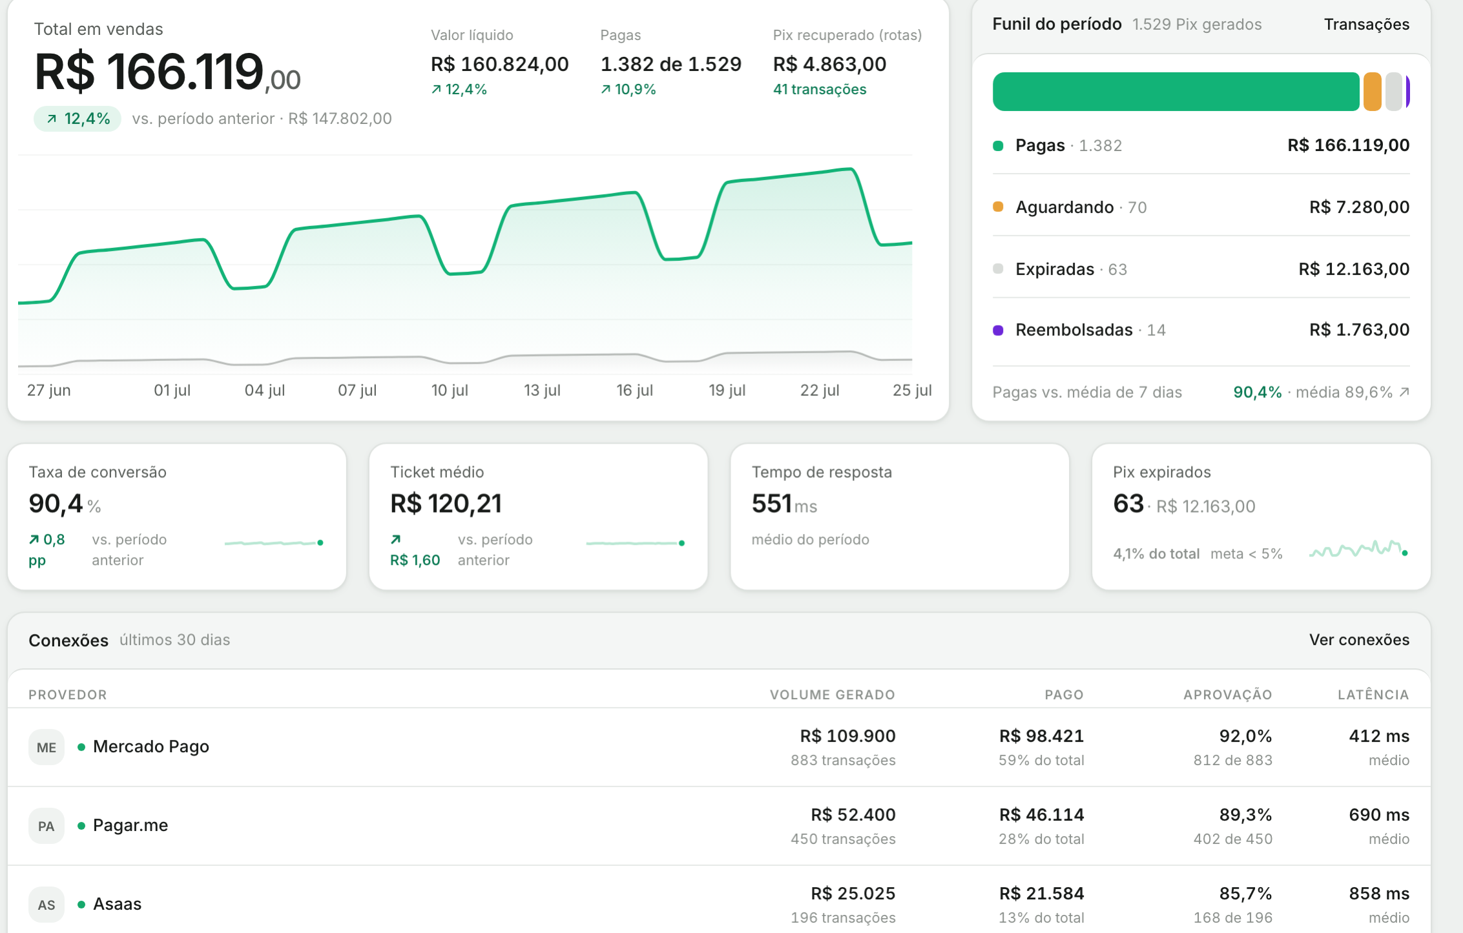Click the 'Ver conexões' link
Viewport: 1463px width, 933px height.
point(1359,640)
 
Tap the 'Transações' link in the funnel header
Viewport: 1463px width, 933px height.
point(1367,25)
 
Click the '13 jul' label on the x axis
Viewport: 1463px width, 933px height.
point(542,390)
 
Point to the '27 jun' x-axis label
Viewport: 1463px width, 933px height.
point(49,390)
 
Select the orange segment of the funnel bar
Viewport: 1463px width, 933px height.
point(1373,92)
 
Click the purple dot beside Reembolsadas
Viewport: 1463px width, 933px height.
point(998,331)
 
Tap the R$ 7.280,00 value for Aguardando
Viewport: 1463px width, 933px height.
point(1359,207)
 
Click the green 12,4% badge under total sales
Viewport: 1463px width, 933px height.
point(78,119)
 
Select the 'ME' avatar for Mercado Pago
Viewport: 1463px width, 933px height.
point(47,747)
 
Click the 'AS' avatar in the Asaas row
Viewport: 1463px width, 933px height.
point(47,905)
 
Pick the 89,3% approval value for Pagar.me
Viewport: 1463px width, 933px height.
point(1245,815)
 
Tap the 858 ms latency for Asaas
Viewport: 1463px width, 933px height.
point(1379,894)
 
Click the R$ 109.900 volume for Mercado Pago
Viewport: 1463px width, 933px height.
point(847,736)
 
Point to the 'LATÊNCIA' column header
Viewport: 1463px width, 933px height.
point(1373,695)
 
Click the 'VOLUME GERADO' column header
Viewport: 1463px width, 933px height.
point(833,695)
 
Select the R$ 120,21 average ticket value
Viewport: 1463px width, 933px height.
point(446,504)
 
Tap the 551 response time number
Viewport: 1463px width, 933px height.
point(771,504)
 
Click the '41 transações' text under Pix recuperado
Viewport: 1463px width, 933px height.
point(820,90)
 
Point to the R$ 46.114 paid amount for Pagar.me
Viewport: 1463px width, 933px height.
point(1041,815)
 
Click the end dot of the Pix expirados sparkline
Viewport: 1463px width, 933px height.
point(1405,553)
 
